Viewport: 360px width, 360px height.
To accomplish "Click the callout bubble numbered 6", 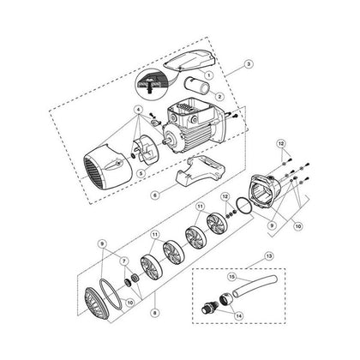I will pyautogui.click(x=155, y=195).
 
